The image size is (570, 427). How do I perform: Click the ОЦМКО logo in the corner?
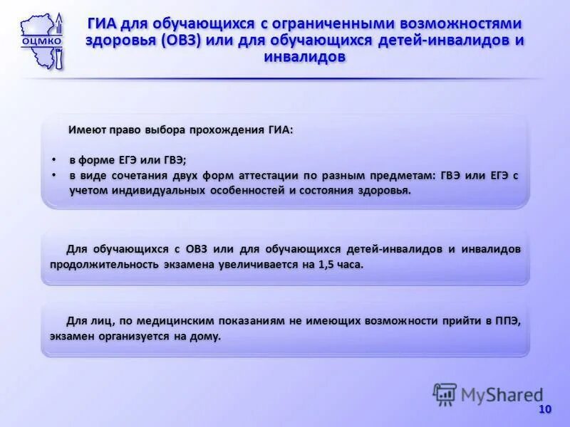coord(41,40)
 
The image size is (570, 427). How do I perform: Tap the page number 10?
coord(545,409)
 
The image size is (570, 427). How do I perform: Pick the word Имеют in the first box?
coord(83,130)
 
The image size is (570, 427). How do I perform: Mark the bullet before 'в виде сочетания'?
coord(54,175)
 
